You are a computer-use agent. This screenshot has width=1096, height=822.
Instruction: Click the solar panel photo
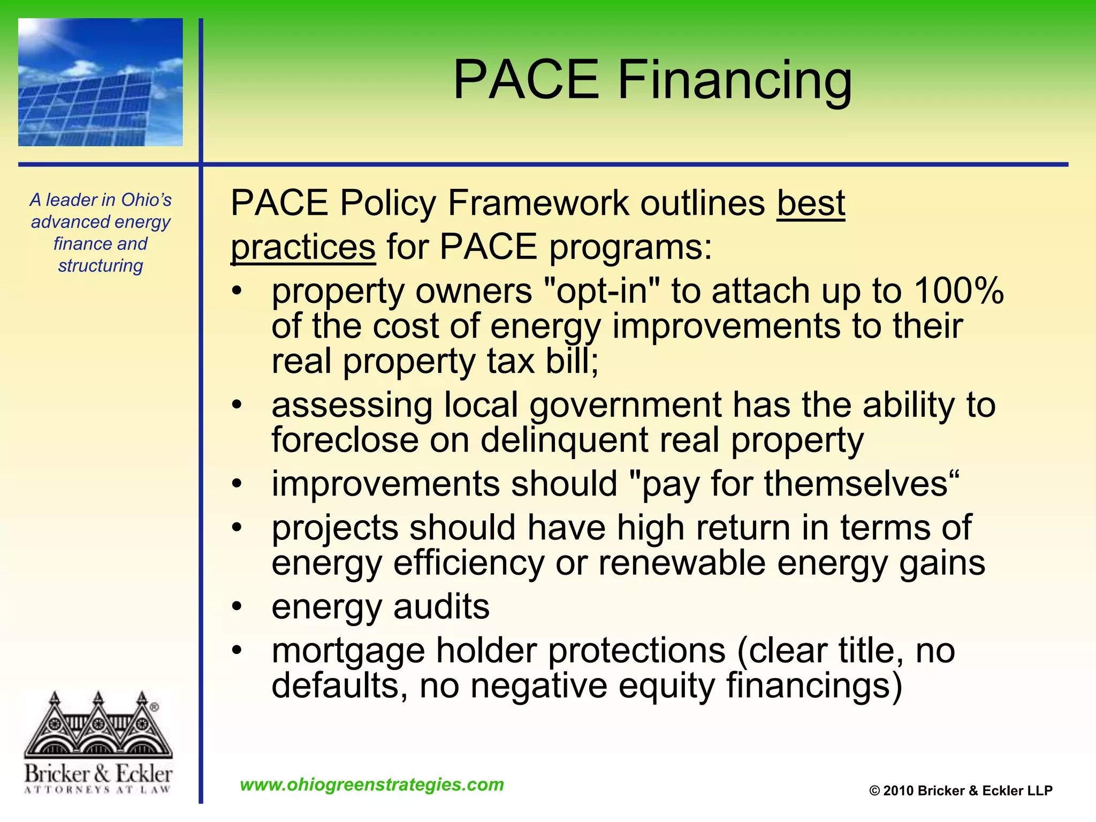point(101,82)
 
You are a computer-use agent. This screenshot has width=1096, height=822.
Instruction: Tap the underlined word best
point(811,203)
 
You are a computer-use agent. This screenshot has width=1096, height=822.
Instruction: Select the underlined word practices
point(303,247)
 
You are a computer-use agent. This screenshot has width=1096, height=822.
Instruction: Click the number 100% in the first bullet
point(958,291)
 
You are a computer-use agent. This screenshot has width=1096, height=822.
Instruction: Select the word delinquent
point(565,440)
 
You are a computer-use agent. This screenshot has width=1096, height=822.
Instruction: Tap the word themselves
point(856,484)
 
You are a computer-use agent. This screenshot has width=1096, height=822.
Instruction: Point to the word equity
point(666,686)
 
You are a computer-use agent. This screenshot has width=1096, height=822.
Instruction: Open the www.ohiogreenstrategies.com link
point(372,785)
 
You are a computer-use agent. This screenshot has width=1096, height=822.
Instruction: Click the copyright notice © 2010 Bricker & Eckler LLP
point(961,790)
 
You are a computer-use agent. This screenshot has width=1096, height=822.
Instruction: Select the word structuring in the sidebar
point(101,265)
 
